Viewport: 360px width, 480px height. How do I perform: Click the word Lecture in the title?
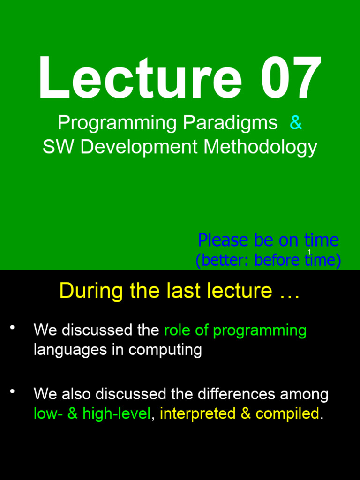(x=140, y=78)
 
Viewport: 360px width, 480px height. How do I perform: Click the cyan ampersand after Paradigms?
(x=296, y=123)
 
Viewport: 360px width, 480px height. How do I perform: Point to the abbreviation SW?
(x=59, y=147)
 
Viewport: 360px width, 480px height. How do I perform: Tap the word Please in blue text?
(x=223, y=240)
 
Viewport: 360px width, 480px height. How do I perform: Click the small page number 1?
(x=309, y=252)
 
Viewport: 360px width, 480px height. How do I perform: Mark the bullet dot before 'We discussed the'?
(x=13, y=327)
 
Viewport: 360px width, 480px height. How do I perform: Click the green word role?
(x=177, y=330)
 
